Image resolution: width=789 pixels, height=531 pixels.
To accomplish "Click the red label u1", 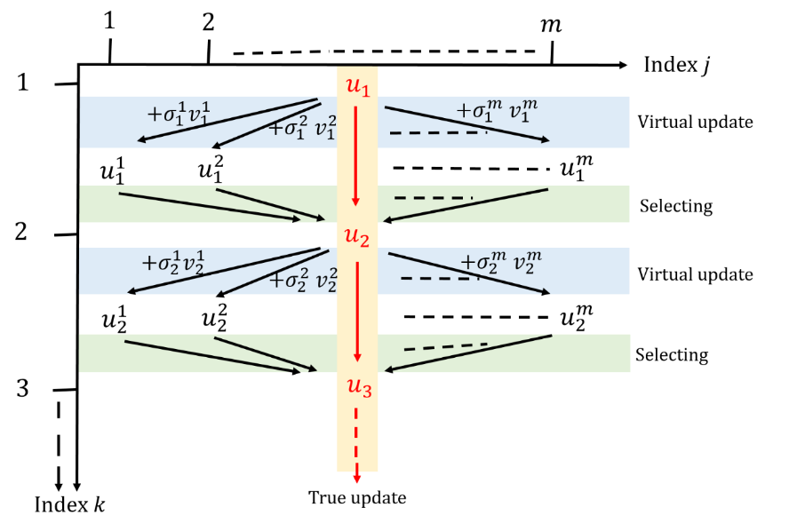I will tap(357, 87).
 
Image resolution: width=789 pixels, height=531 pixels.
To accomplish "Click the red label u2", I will tap(357, 238).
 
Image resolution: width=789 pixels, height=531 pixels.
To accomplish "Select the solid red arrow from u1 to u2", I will tap(356, 155).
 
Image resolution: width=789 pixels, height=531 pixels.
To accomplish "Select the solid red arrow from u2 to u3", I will tap(356, 311).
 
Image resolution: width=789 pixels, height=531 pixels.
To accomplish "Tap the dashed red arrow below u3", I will tap(356, 444).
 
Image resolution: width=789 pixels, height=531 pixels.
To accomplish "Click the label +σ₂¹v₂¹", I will tap(174, 263).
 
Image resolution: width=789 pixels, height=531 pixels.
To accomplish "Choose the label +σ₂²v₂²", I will tap(303, 281).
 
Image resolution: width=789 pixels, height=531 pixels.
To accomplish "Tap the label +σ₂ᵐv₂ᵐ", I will tap(500, 262).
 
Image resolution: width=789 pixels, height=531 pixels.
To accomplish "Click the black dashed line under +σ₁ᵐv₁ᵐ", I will tap(437, 133).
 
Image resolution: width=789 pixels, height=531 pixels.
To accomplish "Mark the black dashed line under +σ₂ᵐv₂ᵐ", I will tap(440, 278).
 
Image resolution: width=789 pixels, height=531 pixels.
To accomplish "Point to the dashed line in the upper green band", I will tap(433, 197).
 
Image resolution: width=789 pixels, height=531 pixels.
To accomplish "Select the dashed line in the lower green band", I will tap(445, 346).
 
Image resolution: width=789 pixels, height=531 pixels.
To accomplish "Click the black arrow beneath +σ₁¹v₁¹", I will tap(227, 120).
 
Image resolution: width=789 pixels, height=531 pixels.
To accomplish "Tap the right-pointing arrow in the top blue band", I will tap(466, 123).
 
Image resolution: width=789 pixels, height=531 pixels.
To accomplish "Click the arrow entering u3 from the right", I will tap(467, 353).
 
